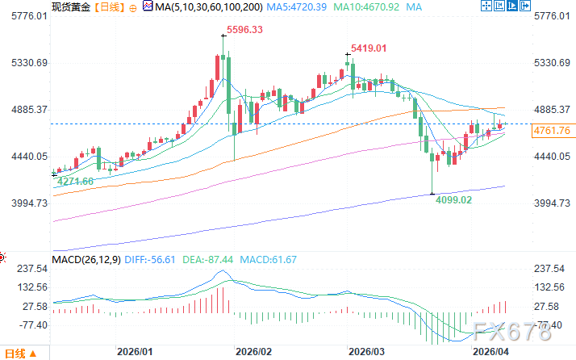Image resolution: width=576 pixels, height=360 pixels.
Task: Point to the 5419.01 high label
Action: (x=369, y=48)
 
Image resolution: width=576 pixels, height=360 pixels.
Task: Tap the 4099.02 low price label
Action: (x=454, y=199)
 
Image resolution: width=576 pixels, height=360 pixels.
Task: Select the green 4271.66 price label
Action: (x=77, y=181)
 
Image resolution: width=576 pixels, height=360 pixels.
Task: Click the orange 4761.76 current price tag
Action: (x=553, y=130)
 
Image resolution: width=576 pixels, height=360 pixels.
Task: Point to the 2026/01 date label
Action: (x=135, y=353)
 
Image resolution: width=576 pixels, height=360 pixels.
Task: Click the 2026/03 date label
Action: (x=366, y=353)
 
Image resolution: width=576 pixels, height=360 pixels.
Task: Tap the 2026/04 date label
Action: (x=489, y=353)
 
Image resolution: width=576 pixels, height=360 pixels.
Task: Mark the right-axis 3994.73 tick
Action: (x=553, y=203)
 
